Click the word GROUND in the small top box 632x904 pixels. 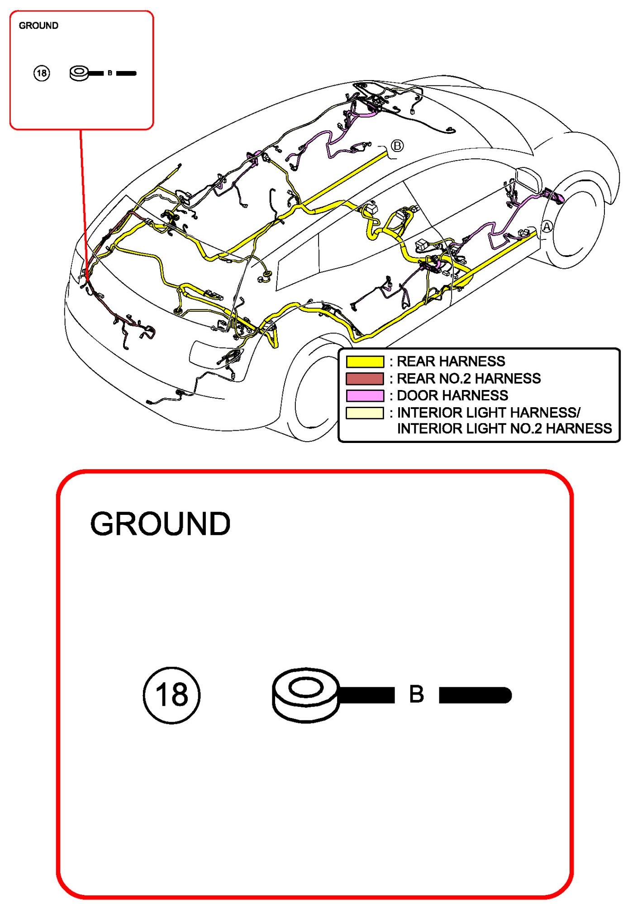(x=38, y=26)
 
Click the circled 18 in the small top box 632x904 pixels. (x=42, y=73)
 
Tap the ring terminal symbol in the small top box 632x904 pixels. (x=80, y=73)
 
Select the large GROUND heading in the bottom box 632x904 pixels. (x=160, y=524)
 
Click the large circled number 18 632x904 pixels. (x=171, y=695)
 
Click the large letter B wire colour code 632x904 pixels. (x=416, y=694)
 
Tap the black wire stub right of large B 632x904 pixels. (x=475, y=695)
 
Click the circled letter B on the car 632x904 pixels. (x=397, y=146)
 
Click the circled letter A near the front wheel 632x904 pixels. (x=547, y=226)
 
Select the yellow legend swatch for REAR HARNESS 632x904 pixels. (x=365, y=362)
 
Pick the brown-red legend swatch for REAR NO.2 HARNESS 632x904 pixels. (x=365, y=378)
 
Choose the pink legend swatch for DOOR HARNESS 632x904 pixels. (x=365, y=395)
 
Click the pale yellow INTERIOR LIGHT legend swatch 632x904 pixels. (x=365, y=413)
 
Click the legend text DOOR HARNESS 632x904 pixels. (x=452, y=395)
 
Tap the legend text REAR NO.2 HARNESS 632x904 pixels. (x=468, y=378)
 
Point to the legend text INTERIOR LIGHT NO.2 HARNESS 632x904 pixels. (x=504, y=428)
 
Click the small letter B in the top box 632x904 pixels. (x=110, y=73)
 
